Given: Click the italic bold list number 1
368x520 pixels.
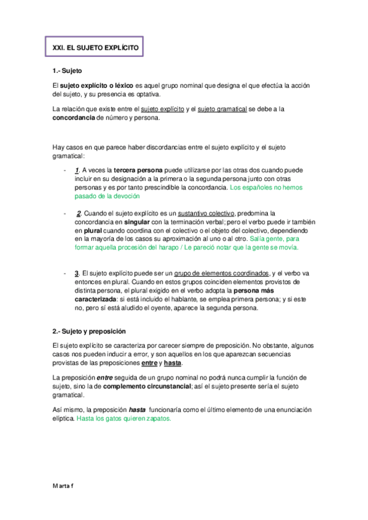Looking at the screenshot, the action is (x=76, y=170).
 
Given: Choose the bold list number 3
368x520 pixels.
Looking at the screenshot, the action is (x=76, y=273).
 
